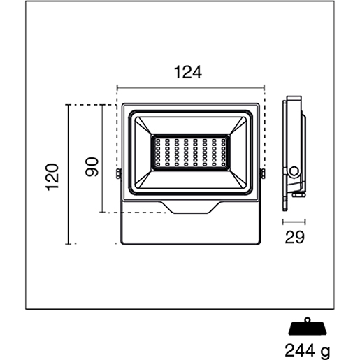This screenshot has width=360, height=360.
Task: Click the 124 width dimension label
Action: click(x=188, y=73)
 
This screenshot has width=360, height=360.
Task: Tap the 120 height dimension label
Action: click(x=52, y=178)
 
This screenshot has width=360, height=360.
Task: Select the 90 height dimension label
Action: click(x=92, y=167)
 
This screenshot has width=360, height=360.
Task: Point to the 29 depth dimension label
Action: click(x=294, y=238)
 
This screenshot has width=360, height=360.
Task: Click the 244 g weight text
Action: click(x=308, y=351)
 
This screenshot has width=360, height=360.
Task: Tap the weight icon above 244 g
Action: click(x=308, y=326)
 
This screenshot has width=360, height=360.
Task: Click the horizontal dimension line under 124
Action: click(x=191, y=88)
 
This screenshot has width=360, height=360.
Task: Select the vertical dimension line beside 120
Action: click(x=68, y=175)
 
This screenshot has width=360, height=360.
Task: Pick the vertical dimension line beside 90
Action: click(x=102, y=159)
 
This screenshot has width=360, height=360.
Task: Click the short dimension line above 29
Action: click(x=294, y=222)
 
